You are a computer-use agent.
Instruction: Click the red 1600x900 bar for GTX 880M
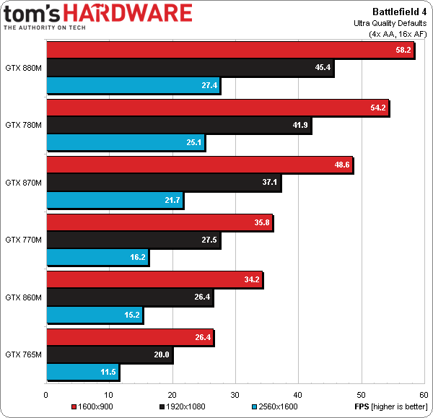229,50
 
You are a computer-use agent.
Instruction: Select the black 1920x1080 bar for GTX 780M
178,125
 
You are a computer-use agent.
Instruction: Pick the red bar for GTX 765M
129,336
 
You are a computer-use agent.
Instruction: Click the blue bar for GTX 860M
94,315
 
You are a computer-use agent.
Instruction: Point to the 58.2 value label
403,50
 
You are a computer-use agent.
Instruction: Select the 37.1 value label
270,183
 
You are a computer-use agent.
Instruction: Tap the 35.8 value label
262,222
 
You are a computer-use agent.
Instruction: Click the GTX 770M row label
23,240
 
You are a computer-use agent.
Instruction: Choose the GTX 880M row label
23,67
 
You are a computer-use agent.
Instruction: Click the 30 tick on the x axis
235,394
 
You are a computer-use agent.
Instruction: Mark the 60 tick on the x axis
423,394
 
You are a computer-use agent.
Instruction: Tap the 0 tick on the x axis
46,394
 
